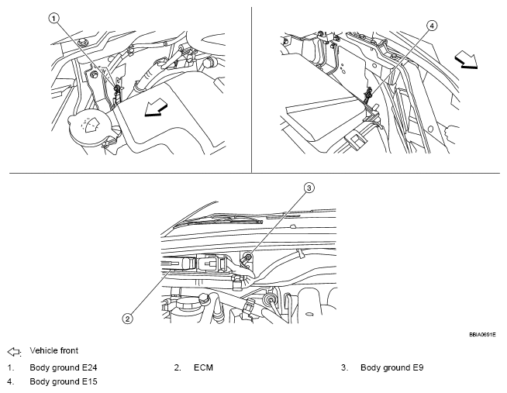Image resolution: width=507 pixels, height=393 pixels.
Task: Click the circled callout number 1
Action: click(53, 16)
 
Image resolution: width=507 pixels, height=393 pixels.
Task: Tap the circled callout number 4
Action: click(432, 25)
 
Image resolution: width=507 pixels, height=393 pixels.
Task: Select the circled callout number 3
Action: click(308, 188)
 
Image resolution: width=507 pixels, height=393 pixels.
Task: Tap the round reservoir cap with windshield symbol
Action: click(90, 127)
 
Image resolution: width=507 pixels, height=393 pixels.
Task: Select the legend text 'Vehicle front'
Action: click(53, 351)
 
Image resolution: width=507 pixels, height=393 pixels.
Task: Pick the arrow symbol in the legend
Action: click(13, 351)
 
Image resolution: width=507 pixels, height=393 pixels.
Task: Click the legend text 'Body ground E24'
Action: click(63, 367)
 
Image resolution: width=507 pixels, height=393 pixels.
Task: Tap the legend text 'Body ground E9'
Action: click(391, 367)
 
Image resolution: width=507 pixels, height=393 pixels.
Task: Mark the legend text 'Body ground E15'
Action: click(63, 381)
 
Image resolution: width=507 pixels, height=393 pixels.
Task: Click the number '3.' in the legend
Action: click(344, 367)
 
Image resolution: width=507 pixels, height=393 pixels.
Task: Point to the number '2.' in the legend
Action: click(178, 367)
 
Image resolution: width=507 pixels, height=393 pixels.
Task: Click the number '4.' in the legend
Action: click(10, 381)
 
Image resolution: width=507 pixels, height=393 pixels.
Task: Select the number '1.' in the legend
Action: click(10, 367)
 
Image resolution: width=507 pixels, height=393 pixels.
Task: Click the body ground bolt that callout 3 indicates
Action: click(249, 258)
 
